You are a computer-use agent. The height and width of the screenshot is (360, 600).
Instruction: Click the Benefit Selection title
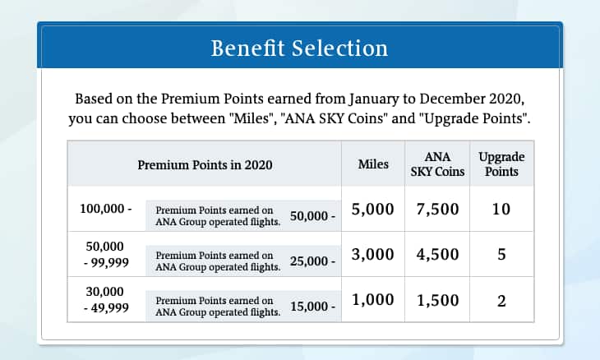pyautogui.click(x=299, y=48)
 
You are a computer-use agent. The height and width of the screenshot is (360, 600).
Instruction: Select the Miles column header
pyautogui.click(x=373, y=164)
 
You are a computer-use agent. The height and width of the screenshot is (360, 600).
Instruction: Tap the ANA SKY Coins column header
pyautogui.click(x=437, y=164)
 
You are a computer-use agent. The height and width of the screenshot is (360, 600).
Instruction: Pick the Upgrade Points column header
pyautogui.click(x=501, y=164)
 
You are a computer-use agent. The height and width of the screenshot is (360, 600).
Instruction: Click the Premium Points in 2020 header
pyautogui.click(x=205, y=164)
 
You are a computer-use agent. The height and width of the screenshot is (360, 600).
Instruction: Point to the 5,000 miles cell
pyautogui.click(x=373, y=210)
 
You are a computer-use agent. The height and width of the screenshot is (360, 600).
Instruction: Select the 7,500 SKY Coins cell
pyautogui.click(x=437, y=210)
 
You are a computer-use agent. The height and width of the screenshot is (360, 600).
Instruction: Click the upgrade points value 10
pyautogui.click(x=501, y=210)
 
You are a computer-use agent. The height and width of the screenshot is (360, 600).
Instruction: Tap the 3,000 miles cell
pyautogui.click(x=373, y=255)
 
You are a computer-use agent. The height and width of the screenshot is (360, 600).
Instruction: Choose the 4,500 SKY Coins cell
pyautogui.click(x=437, y=255)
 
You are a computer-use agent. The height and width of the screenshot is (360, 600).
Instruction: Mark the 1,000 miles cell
pyautogui.click(x=373, y=301)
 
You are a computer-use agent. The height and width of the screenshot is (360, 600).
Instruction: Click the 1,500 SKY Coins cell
pyautogui.click(x=437, y=301)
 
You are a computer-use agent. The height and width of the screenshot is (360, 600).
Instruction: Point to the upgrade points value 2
pyautogui.click(x=501, y=302)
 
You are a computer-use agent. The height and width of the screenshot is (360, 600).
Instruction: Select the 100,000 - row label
pyautogui.click(x=106, y=209)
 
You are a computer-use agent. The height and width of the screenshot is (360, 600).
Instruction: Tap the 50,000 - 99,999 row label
pyautogui.click(x=107, y=254)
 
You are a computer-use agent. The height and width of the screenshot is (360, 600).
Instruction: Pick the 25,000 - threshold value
pyautogui.click(x=313, y=262)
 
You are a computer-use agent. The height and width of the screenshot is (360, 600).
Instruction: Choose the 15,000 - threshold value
pyautogui.click(x=313, y=307)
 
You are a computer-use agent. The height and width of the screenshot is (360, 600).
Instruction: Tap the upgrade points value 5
pyautogui.click(x=501, y=255)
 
